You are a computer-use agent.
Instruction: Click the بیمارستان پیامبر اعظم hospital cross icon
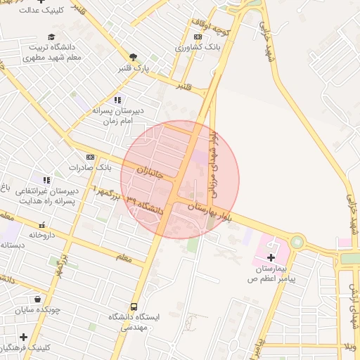tap(270, 258)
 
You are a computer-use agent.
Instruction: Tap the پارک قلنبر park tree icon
tap(133, 57)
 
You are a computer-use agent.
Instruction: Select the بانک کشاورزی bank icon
tap(198, 37)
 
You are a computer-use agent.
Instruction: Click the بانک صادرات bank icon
tap(90, 157)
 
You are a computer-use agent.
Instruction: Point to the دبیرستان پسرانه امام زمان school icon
tap(117, 100)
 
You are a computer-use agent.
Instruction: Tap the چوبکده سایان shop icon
tap(37, 298)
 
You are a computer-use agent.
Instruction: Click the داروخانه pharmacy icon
tap(41, 225)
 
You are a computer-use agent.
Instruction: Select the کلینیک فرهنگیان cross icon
tap(24, 337)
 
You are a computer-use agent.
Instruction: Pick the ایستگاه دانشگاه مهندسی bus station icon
tap(134, 307)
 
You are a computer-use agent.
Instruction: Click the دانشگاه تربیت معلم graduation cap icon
tap(51, 37)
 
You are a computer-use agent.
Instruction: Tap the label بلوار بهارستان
tap(206, 208)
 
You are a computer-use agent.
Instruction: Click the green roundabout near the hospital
tap(296, 243)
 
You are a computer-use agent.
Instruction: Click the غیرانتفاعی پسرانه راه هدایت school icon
tap(47, 180)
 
